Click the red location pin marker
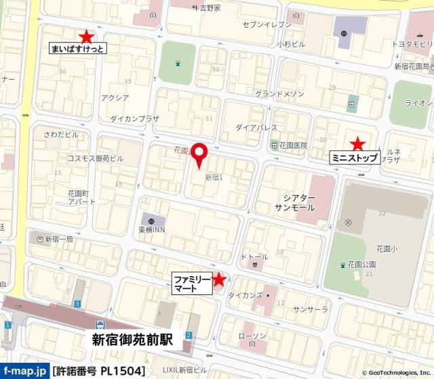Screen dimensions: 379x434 click(x=199, y=154)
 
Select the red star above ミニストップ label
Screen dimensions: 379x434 click(x=357, y=143)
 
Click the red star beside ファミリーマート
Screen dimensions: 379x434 click(x=219, y=278)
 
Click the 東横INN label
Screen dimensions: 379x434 click(x=152, y=229)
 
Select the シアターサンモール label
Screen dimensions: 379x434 click(x=294, y=202)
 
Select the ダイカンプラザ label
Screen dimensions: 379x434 click(x=134, y=118)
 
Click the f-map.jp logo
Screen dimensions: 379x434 click(x=25, y=371)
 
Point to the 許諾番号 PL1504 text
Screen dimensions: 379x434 click(x=99, y=371)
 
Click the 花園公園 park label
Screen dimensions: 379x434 click(x=361, y=264)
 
